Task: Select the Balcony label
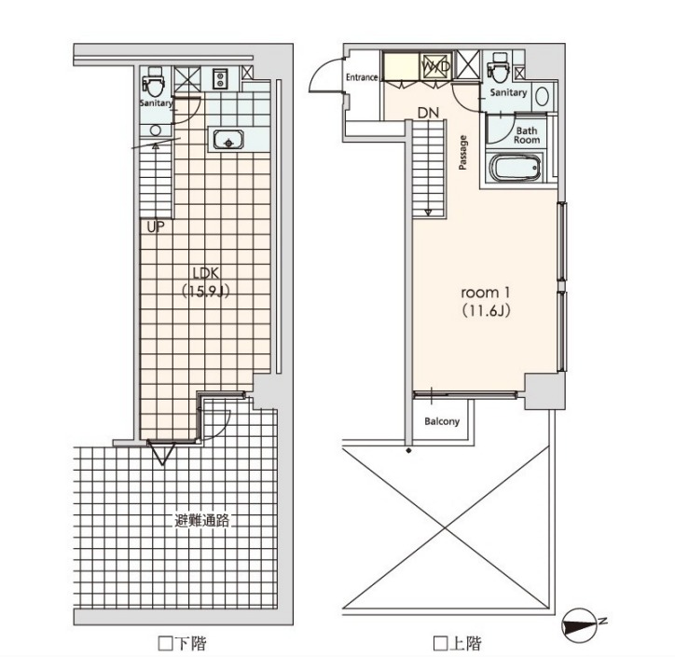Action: tap(442, 421)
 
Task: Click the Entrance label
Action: tap(362, 77)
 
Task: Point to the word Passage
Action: tap(462, 153)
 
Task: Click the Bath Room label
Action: tap(527, 135)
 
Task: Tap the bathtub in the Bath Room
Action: tap(516, 168)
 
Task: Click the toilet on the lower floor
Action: tap(153, 82)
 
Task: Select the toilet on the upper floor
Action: tap(500, 67)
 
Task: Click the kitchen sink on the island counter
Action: tap(228, 139)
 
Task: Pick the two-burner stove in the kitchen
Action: tap(220, 79)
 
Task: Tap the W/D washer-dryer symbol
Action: tap(435, 66)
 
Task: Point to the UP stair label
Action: tap(156, 227)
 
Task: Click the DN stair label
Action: tap(428, 113)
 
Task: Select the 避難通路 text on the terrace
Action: tap(202, 521)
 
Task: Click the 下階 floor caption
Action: tap(183, 644)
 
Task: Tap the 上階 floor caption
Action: tap(457, 644)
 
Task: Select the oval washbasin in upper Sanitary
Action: tap(542, 96)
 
